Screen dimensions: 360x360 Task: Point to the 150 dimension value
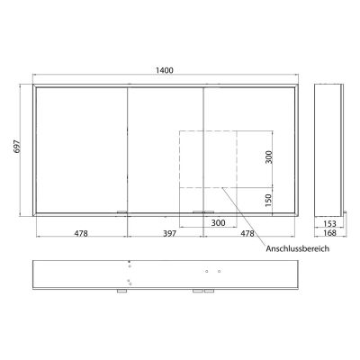pyautogui.click(x=267, y=199)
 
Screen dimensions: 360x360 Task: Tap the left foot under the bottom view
pyautogui.click(x=121, y=292)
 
